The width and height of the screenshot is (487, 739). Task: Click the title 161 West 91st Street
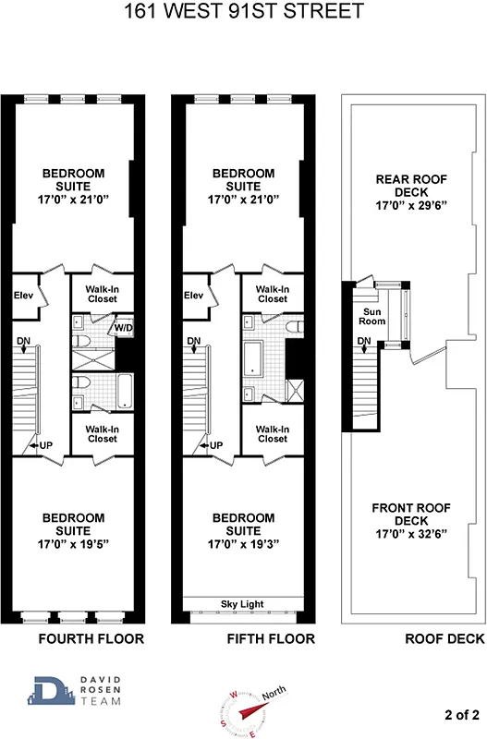click(242, 13)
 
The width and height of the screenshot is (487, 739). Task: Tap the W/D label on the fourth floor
click(123, 328)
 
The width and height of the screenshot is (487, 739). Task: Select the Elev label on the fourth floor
click(24, 296)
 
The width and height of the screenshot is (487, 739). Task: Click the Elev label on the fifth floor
click(193, 296)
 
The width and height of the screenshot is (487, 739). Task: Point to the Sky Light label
click(242, 604)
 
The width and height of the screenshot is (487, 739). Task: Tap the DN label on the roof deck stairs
click(364, 342)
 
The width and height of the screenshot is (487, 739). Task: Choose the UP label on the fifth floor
click(216, 445)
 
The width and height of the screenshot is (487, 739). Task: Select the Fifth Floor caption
click(271, 638)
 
